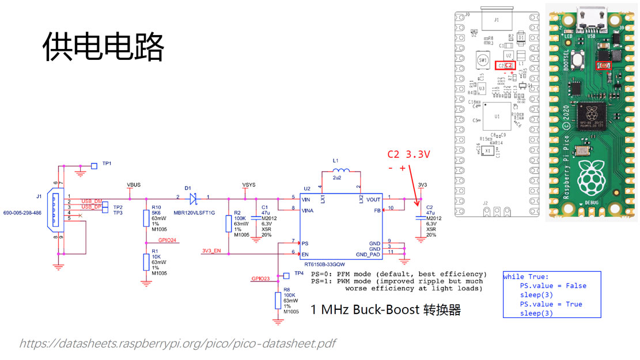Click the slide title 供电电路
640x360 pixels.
tap(104, 47)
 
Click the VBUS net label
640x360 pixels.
tap(134, 185)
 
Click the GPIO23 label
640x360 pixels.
tap(260, 278)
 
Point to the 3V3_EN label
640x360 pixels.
tap(212, 251)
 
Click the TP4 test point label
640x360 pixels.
tap(298, 273)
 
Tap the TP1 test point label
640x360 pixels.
tap(107, 164)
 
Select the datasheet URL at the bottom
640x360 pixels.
tap(177, 344)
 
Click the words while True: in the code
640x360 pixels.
tap(527, 276)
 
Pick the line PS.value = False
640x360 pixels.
tap(552, 286)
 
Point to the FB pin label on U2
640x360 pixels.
tap(377, 210)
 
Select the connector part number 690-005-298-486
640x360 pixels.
tap(22, 213)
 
